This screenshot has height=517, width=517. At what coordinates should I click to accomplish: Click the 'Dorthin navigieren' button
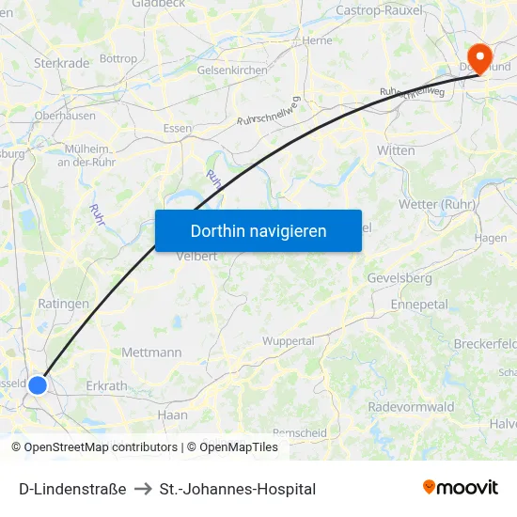(258, 230)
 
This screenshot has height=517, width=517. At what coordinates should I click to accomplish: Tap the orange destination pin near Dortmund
(480, 57)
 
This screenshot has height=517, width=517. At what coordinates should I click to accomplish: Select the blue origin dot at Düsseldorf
(38, 384)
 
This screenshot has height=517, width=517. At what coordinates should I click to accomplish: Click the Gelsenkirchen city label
(232, 70)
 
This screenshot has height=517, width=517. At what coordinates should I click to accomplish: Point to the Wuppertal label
(289, 341)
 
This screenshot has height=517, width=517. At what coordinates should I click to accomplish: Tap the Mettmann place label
(151, 352)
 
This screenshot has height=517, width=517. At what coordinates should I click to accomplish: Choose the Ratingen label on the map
(64, 304)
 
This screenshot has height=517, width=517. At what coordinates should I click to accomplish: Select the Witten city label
(395, 150)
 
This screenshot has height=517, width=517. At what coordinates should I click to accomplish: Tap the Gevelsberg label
(399, 278)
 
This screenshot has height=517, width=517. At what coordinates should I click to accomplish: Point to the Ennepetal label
(419, 305)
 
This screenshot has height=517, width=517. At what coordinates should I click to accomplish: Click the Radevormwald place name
(411, 406)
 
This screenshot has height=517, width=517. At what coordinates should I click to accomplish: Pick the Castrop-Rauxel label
(379, 10)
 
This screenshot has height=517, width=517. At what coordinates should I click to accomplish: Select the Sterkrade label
(62, 63)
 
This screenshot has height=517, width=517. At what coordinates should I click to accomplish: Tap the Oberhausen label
(65, 116)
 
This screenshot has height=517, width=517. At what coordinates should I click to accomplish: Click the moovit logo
(461, 487)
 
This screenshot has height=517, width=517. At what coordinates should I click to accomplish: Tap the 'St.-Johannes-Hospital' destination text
(238, 489)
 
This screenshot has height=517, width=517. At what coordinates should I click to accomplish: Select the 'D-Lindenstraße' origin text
(72, 489)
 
